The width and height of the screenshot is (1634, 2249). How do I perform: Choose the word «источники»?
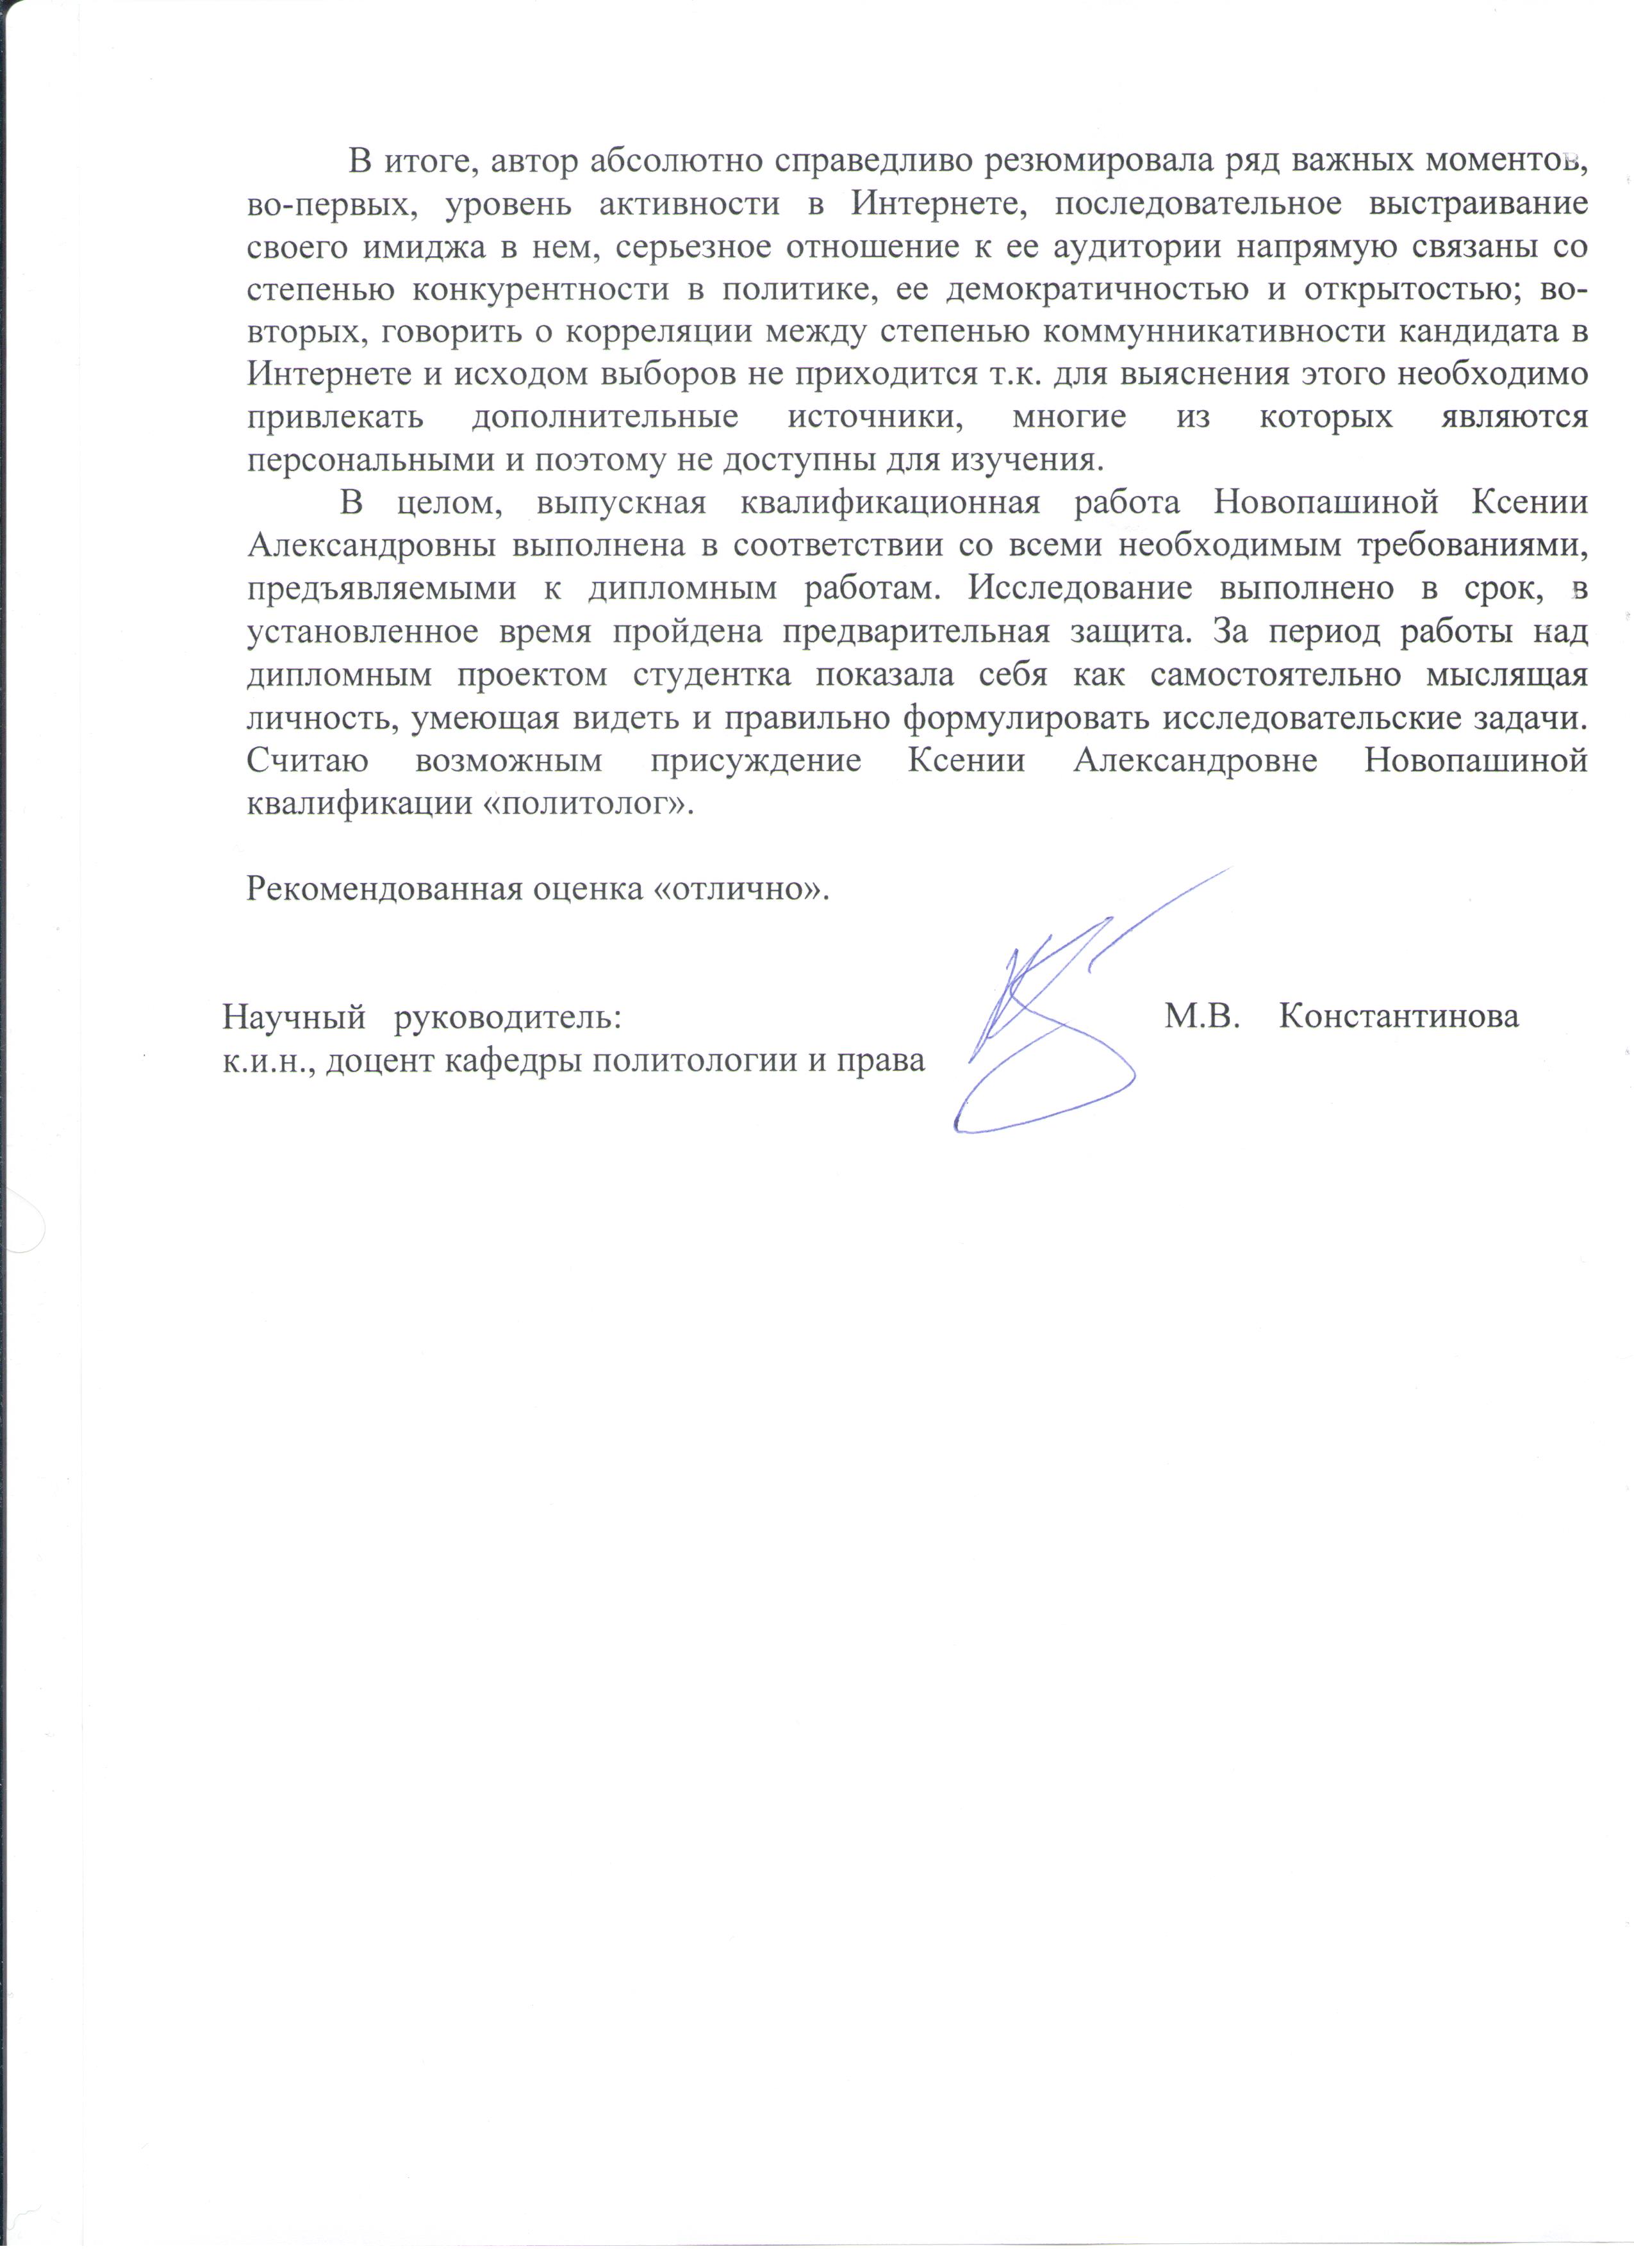coord(875,418)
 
